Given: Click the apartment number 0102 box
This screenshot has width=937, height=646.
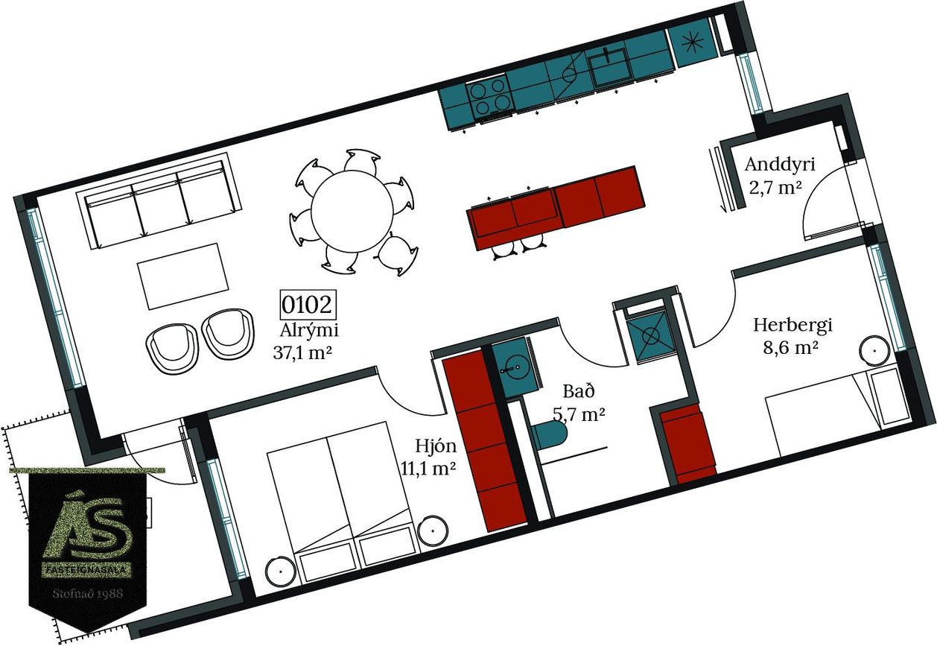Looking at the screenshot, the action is click(x=308, y=305).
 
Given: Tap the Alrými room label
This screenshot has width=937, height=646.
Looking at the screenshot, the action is click(x=308, y=331).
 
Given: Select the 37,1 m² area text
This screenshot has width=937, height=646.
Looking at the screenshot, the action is click(x=302, y=352).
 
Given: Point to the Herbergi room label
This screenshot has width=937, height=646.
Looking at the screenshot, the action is click(x=793, y=326).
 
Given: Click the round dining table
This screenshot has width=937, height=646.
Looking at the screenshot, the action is click(x=352, y=212).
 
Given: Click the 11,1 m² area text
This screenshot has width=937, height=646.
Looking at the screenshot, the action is click(x=428, y=469).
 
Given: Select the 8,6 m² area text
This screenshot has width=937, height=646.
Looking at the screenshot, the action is click(x=790, y=348).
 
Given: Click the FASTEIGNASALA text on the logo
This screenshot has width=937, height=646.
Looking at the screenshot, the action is click(x=88, y=570).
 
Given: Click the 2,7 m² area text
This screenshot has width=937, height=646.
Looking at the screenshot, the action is click(x=775, y=189).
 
